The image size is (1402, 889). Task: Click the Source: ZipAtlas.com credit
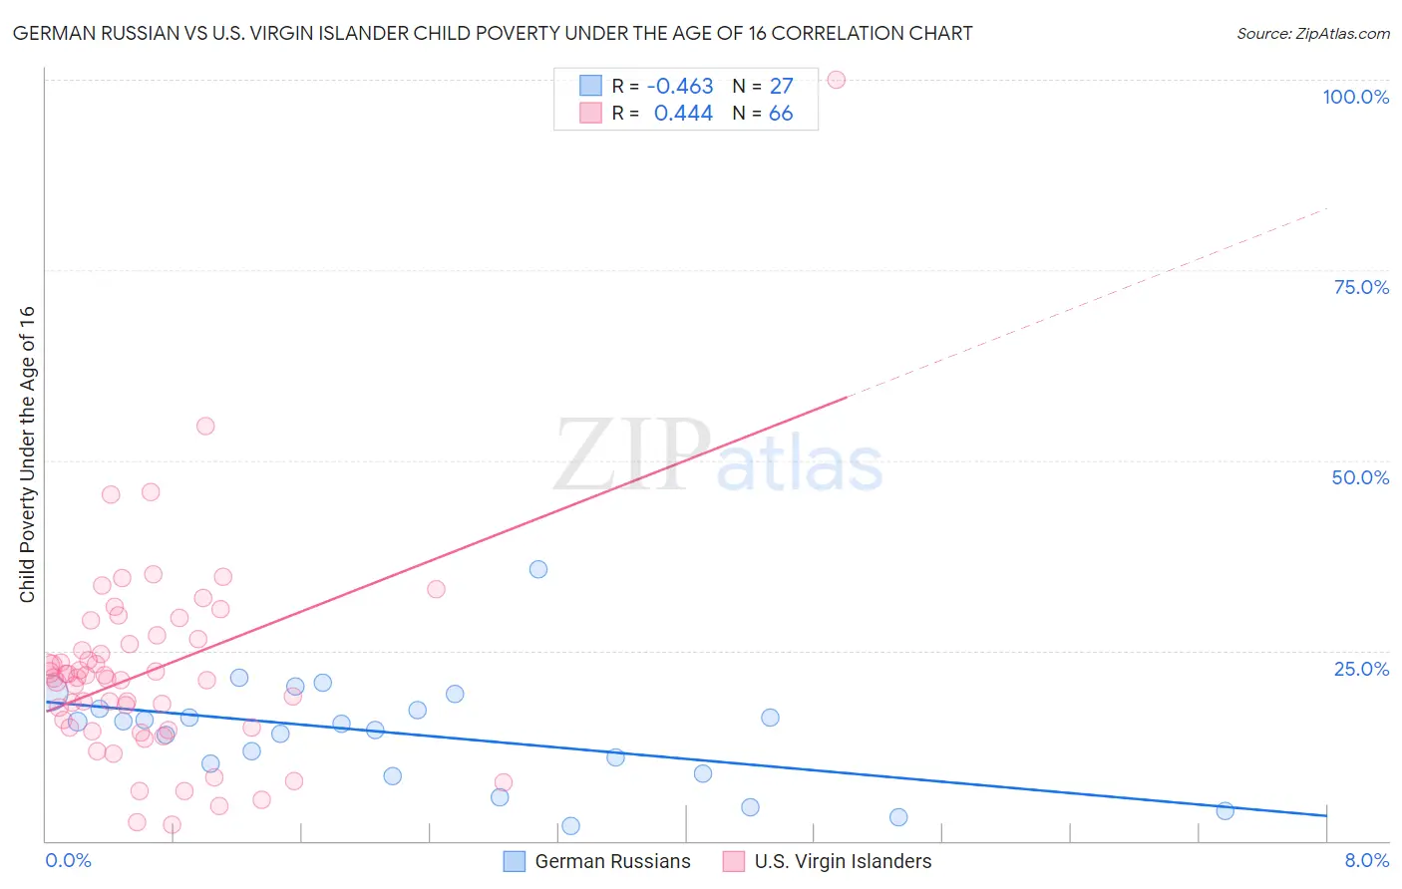tap(1312, 33)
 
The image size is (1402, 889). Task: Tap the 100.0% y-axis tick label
tap(1355, 97)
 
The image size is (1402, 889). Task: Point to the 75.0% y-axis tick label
tap(1361, 287)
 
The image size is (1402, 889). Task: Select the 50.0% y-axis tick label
tap(1360, 477)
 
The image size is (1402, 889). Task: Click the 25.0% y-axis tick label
tap(1361, 668)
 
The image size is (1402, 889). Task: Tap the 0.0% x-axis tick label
tap(68, 860)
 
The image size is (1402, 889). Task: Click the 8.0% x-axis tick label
tap(1366, 860)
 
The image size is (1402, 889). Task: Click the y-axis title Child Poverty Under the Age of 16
tap(27, 453)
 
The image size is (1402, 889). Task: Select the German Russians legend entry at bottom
tap(597, 861)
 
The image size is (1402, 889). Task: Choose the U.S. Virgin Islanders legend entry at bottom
tap(828, 861)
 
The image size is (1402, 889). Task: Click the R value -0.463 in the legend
tap(680, 87)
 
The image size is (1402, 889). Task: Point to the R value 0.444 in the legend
tap(683, 114)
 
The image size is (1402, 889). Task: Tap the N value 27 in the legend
tap(781, 87)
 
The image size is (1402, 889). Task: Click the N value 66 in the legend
tap(781, 114)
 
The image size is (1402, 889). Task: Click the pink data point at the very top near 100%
tap(837, 80)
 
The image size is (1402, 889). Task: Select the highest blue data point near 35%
tap(538, 569)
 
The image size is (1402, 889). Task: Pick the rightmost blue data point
tap(1226, 810)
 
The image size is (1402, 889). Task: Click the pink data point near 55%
tap(205, 426)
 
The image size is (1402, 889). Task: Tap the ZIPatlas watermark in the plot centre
tap(718, 456)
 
